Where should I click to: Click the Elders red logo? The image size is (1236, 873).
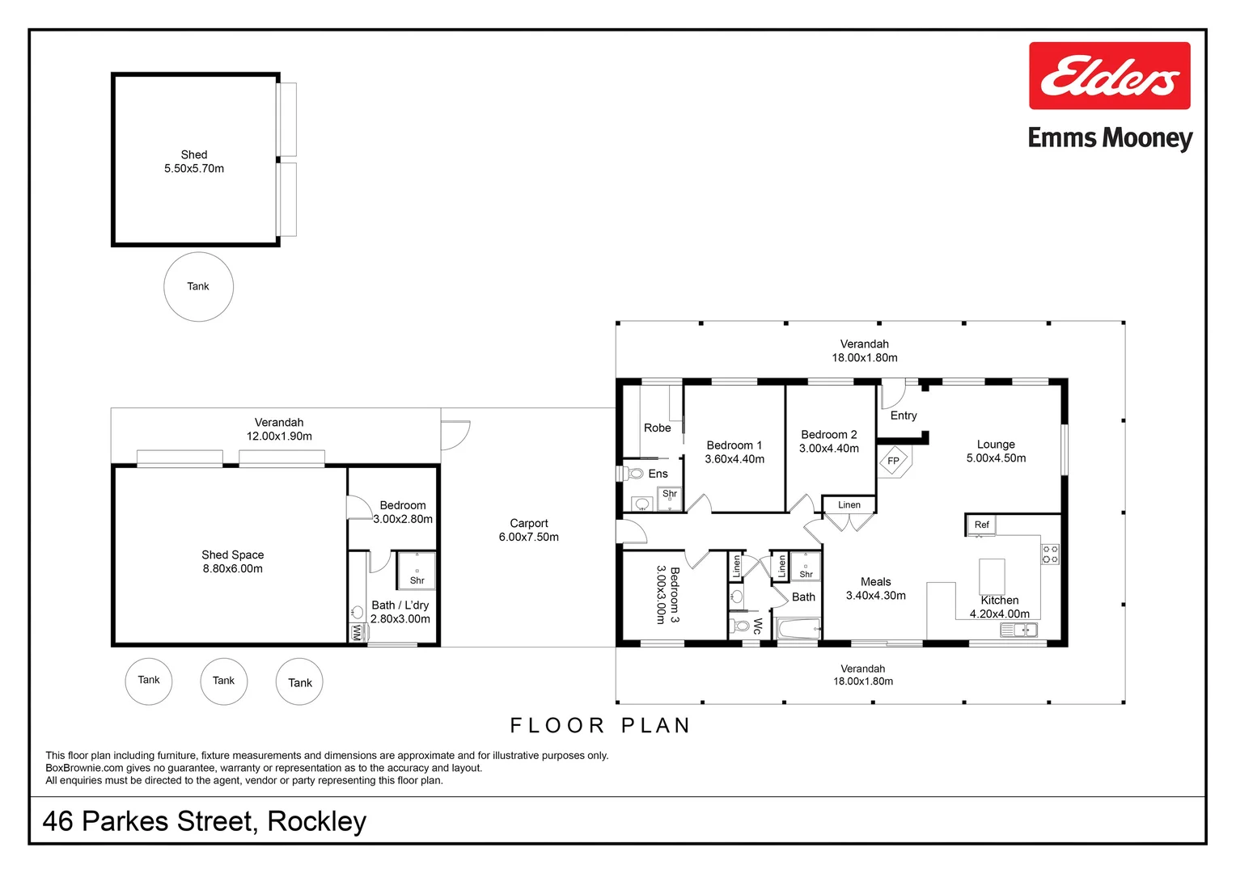point(1109,76)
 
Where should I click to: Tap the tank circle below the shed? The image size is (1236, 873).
point(198,286)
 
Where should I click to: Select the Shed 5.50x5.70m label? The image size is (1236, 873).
point(194,162)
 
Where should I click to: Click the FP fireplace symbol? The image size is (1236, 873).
point(894,461)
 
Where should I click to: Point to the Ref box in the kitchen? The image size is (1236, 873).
point(981,525)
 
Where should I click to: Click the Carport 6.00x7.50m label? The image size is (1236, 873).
point(529,530)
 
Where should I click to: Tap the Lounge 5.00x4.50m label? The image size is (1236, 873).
point(996,451)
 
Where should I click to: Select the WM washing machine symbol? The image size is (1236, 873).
point(357,632)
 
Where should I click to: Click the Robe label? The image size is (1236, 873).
point(657,428)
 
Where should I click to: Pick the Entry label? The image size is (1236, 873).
point(904,415)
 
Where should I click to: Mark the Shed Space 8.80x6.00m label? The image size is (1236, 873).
point(233,562)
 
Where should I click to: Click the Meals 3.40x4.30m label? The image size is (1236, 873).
point(875,588)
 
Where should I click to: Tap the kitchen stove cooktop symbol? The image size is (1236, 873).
point(1050,554)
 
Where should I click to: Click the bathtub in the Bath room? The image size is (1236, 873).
point(798,628)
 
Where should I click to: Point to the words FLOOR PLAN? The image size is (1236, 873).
point(600,726)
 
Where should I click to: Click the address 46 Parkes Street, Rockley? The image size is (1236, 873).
point(205,821)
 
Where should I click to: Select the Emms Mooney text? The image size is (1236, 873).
point(1110,138)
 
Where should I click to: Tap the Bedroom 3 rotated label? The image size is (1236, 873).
point(667,595)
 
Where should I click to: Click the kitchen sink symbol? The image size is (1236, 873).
point(1018,630)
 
